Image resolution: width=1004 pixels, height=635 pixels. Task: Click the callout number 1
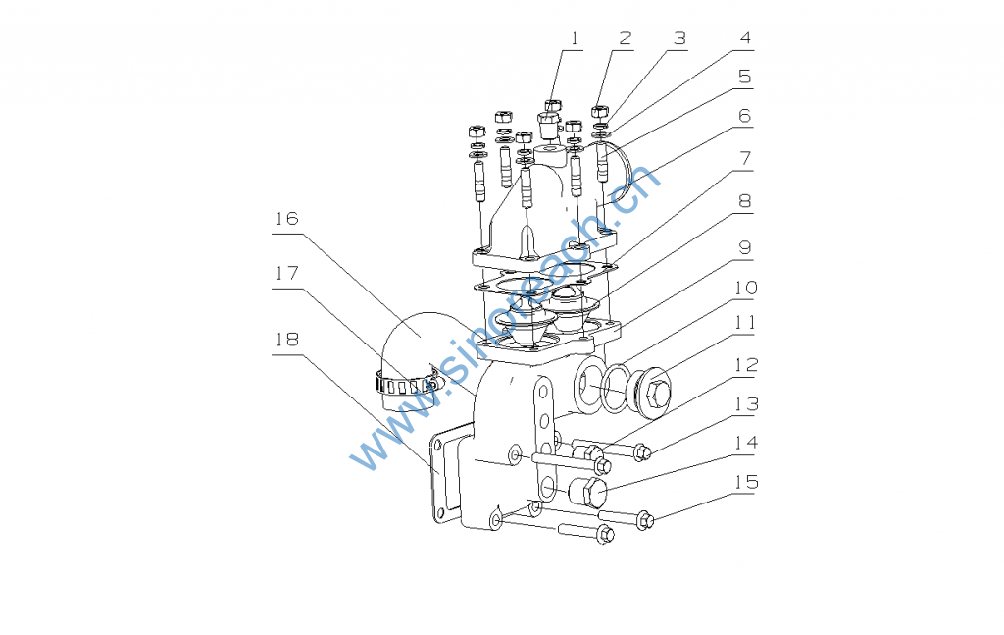(575, 39)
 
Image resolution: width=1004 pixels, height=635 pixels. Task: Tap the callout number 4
(745, 38)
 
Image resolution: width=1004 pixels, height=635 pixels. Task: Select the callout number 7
(745, 158)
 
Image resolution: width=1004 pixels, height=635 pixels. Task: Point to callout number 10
(745, 288)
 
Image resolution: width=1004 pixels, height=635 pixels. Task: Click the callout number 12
(746, 365)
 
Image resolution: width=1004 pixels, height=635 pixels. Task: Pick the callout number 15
(746, 482)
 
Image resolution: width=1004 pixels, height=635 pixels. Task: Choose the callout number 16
(287, 219)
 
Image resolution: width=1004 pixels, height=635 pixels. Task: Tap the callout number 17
(287, 274)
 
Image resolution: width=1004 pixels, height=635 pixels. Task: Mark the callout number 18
(287, 340)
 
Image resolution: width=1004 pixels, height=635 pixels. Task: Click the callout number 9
(745, 248)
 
